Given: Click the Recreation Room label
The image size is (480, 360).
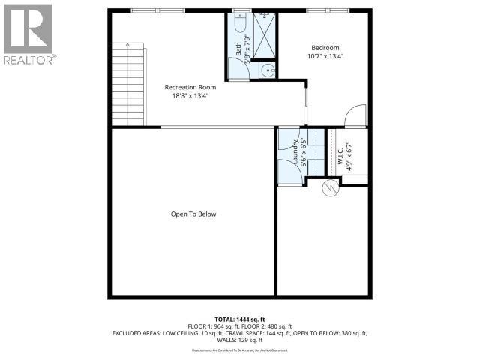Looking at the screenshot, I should point(185,87).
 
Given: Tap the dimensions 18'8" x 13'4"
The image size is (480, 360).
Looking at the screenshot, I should point(186,95).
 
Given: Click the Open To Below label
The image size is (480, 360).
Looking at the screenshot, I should point(193,214).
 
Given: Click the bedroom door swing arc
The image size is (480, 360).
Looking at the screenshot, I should point(353,116).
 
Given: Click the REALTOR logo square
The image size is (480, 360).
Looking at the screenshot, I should point(27,28).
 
